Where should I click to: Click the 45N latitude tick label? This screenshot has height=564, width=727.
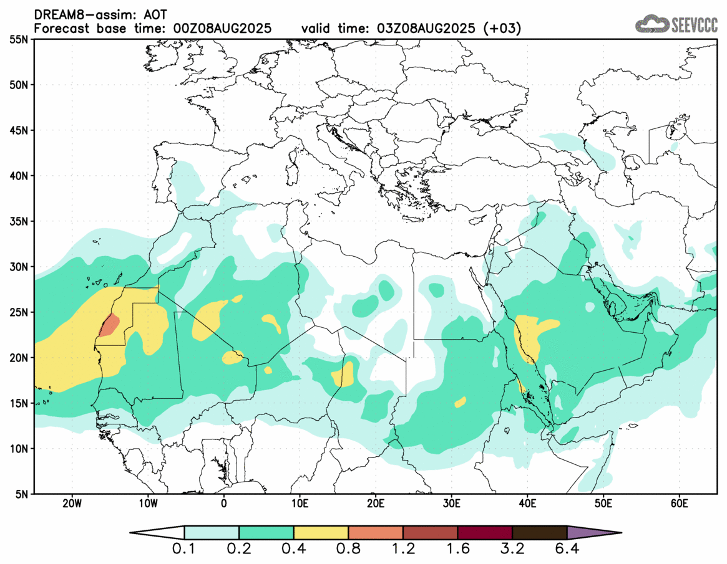coord(21,130)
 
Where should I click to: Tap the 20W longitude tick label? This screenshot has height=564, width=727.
coord(72,503)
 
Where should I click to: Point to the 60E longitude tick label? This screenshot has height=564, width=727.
coord(678,503)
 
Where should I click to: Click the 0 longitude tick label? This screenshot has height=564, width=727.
coord(223,503)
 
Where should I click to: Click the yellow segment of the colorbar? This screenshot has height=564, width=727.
coord(321,533)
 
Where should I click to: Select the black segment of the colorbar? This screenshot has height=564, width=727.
coord(539,533)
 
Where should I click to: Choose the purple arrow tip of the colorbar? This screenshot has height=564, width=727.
coord(593,533)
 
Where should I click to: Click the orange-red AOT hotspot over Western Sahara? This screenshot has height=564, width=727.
coord(110,325)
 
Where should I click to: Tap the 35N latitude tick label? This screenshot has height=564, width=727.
coord(21,221)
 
